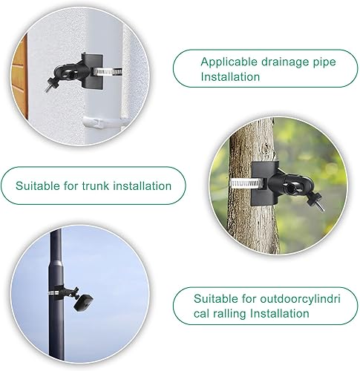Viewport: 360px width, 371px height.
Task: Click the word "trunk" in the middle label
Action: [x=95, y=185]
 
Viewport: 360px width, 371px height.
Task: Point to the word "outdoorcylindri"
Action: [x=301, y=299]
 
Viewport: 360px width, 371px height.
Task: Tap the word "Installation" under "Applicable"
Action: [x=230, y=76]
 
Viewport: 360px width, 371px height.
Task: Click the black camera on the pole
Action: [x=83, y=302]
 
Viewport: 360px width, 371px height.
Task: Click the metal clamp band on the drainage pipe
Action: [x=107, y=72]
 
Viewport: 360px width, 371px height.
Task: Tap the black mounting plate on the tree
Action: [x=263, y=183]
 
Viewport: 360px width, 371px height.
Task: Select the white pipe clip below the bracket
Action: [x=103, y=122]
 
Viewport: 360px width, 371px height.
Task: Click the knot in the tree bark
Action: [x=266, y=148]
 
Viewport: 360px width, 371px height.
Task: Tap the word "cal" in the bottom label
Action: [x=201, y=314]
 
